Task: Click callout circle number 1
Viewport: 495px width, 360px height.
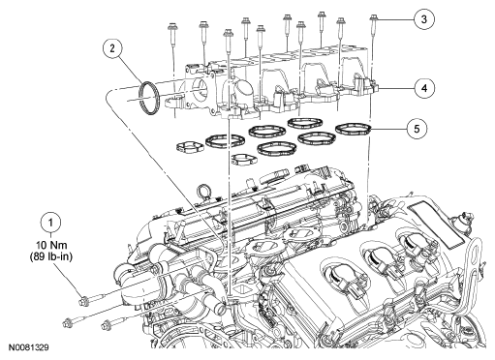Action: tap(50, 223)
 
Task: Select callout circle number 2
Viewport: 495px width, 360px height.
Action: tap(112, 48)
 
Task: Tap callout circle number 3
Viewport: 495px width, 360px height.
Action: tap(423, 19)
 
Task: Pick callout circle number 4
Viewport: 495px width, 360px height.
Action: tap(424, 88)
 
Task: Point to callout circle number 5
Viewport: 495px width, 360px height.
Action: tap(417, 129)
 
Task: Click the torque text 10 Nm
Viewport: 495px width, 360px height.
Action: tap(51, 248)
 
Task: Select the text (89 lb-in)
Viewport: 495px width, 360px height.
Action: tap(51, 257)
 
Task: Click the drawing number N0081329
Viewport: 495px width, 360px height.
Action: tap(29, 347)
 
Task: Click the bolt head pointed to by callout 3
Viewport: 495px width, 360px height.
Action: tap(373, 17)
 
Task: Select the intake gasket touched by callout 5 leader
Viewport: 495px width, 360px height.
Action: tap(352, 129)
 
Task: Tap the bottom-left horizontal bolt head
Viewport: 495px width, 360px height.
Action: tap(68, 321)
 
